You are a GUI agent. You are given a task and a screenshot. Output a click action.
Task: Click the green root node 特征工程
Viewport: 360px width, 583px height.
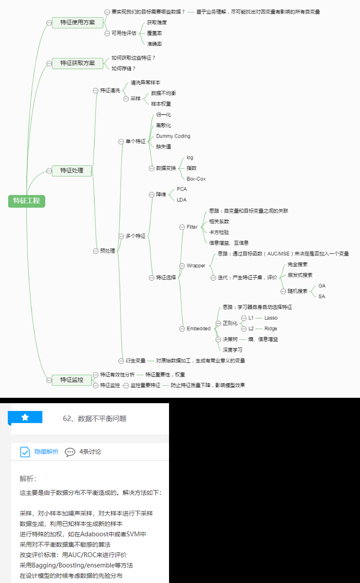27,201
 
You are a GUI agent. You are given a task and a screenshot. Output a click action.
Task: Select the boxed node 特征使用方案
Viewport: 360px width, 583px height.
77,23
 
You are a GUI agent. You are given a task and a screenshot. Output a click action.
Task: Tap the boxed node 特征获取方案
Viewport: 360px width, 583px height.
77,63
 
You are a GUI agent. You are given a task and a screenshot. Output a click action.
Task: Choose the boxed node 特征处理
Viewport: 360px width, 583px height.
72,171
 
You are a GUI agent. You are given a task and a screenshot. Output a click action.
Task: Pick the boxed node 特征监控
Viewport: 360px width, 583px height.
72,380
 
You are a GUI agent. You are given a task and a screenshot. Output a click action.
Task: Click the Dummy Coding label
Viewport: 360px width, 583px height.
173,136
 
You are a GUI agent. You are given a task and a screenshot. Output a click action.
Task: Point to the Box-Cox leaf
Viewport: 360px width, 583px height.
196,179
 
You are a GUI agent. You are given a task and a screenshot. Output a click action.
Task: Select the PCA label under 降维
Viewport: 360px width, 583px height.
182,189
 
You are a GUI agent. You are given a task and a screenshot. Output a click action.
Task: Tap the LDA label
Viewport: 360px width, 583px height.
182,200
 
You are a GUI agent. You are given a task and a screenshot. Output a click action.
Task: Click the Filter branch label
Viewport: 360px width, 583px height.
192,227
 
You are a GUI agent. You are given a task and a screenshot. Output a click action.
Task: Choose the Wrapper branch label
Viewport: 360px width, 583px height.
196,266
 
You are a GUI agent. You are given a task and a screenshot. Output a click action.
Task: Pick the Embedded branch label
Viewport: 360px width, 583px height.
198,329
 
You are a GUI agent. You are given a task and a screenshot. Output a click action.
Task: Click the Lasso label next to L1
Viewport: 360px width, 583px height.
271,318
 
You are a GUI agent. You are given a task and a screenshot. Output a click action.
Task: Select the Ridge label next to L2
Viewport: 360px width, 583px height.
271,329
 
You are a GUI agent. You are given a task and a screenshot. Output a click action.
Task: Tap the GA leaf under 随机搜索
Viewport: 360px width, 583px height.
322,286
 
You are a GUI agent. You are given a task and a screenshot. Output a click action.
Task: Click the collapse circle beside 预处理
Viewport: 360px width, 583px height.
95,251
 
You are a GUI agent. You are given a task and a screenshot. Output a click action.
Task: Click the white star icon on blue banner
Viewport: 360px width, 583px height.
25,417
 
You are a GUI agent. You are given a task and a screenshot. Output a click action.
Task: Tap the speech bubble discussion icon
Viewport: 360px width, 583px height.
70,452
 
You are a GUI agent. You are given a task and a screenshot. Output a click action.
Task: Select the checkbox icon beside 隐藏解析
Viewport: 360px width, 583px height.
25,452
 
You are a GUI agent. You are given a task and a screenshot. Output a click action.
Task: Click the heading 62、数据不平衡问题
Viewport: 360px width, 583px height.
95,419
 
